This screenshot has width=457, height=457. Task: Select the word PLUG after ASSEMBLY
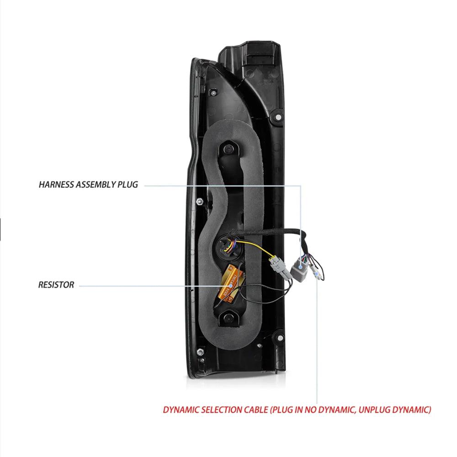pos(128,185)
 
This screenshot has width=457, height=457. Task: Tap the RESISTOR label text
pos(56,285)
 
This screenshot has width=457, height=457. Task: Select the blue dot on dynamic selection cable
pos(317,274)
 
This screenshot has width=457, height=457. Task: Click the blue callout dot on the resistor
pos(231,286)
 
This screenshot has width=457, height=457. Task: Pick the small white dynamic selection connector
pos(316,273)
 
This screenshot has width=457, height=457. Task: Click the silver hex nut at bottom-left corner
pos(200,352)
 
